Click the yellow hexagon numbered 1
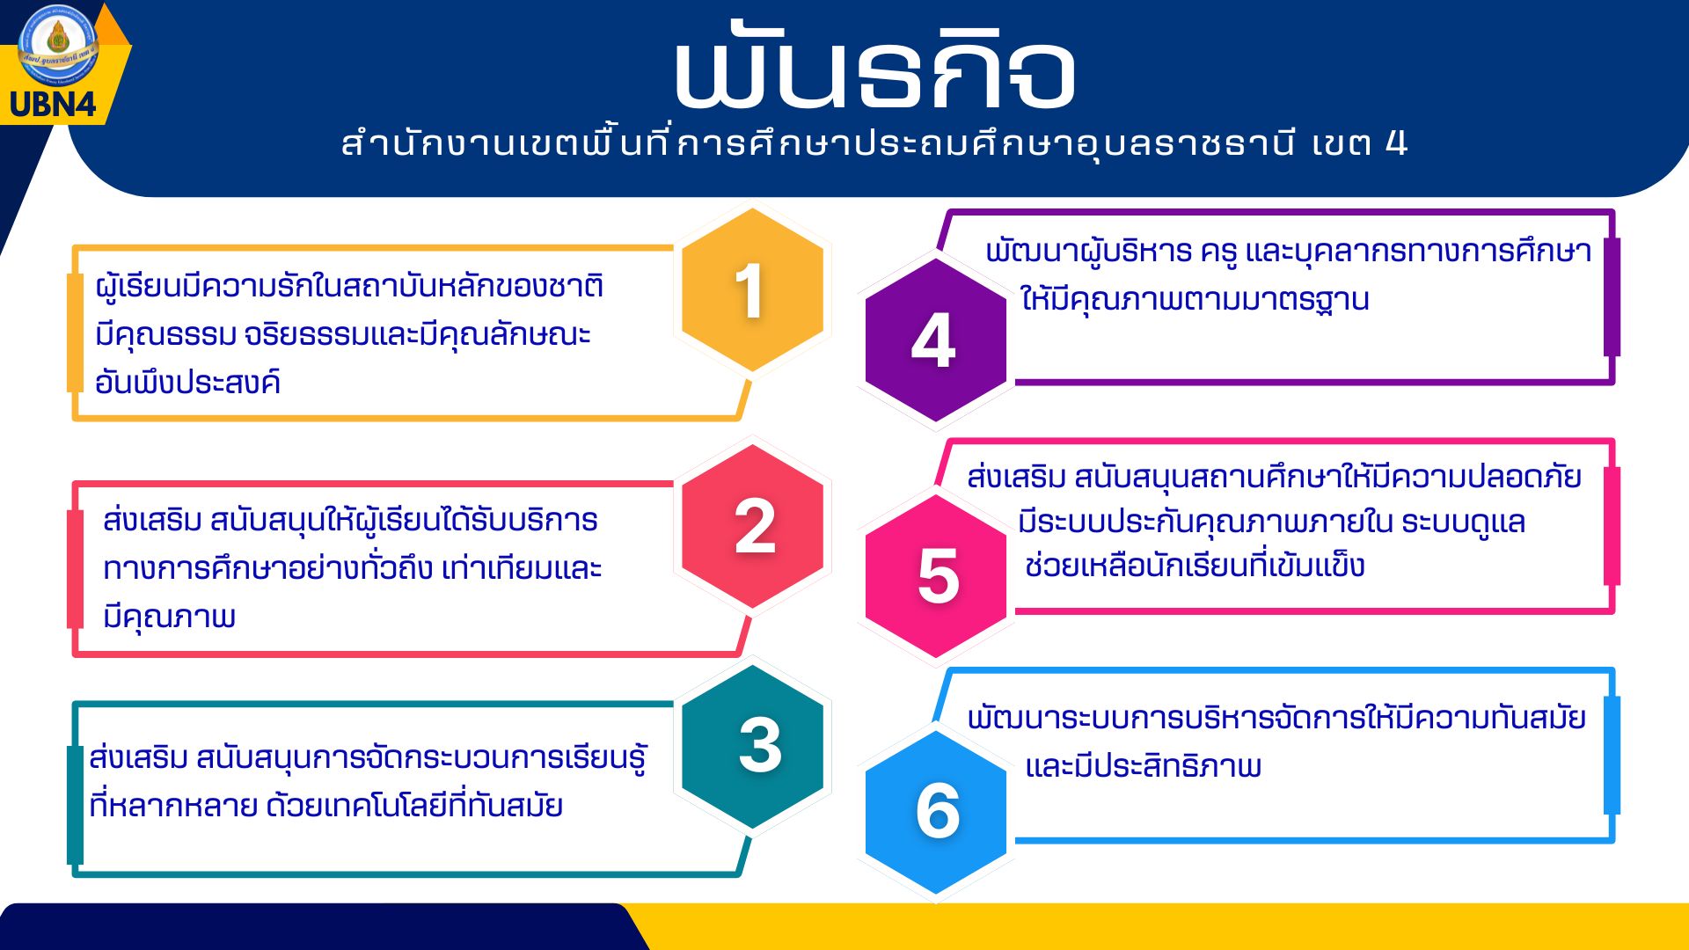click(752, 290)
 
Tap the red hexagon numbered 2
click(752, 526)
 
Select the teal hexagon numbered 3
click(752, 746)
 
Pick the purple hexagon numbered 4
click(936, 340)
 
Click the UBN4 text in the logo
click(53, 105)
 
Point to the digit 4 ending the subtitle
click(1396, 142)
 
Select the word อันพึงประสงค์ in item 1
click(187, 382)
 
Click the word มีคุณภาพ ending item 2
click(169, 616)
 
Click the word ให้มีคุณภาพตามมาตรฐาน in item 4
click(1195, 299)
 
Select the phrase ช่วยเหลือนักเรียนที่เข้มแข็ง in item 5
click(1195, 565)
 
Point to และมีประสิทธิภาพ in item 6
click(1144, 765)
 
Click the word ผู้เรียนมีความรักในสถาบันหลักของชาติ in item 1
click(349, 286)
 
